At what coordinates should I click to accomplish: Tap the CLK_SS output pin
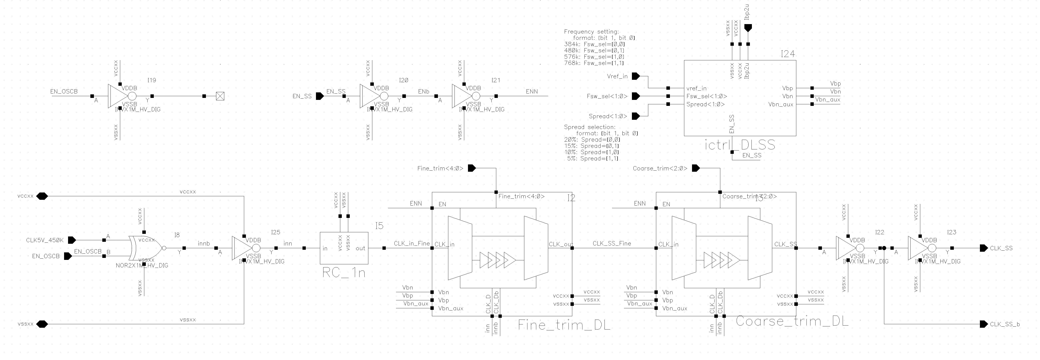(983, 248)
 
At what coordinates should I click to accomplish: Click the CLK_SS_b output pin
(983, 324)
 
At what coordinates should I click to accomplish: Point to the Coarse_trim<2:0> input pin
(696, 168)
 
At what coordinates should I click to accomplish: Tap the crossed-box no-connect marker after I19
(220, 96)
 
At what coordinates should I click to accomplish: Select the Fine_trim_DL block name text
(564, 325)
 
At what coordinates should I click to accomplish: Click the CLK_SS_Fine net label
(612, 243)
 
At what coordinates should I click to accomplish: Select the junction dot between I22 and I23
(884, 248)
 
